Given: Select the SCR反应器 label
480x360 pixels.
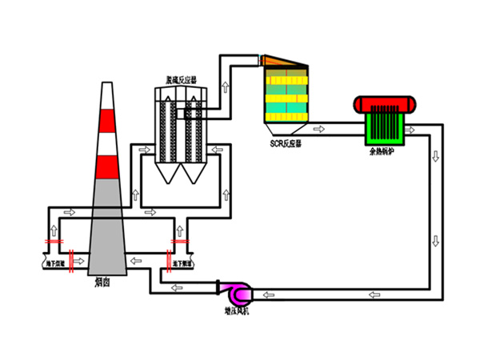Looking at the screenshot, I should [x=286, y=145].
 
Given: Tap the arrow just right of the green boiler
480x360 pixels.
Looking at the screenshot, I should [x=412, y=129].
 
